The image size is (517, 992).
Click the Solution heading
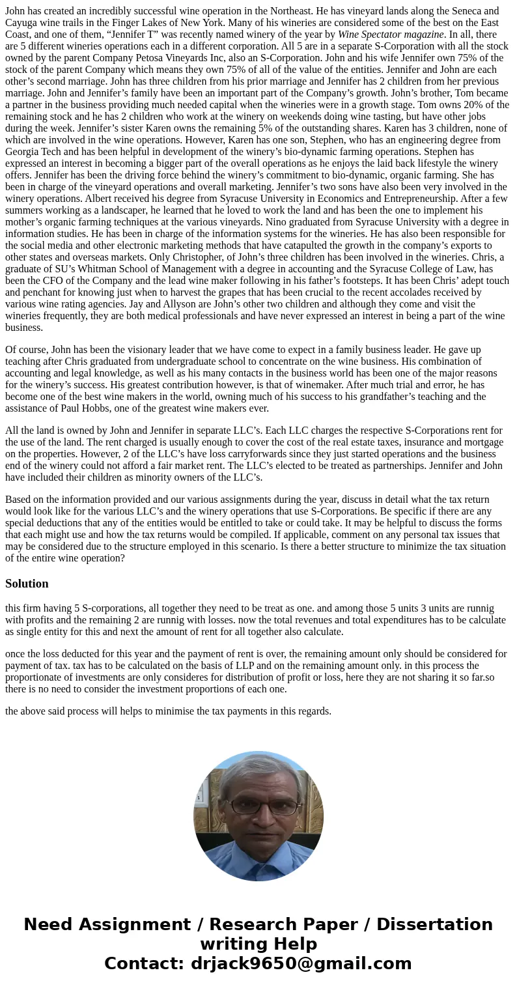(27, 584)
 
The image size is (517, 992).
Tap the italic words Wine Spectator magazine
(390, 35)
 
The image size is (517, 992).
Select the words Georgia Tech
(33, 152)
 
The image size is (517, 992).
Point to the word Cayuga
(21, 23)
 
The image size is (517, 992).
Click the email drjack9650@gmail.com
(301, 963)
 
